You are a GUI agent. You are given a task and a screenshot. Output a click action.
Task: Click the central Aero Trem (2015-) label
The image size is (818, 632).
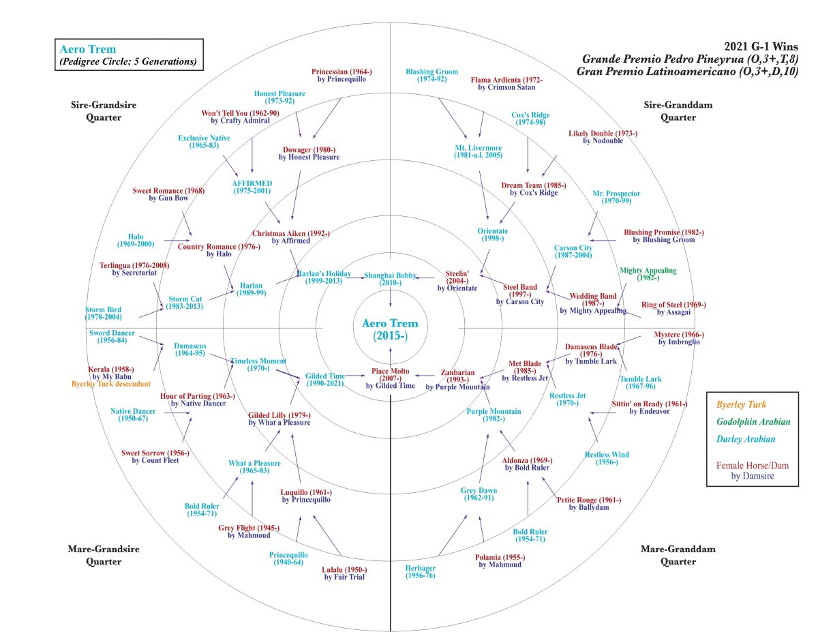tap(390, 329)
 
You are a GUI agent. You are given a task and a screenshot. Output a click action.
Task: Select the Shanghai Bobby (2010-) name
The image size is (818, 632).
tap(389, 277)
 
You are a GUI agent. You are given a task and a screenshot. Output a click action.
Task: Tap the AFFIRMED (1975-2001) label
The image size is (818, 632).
tap(252, 187)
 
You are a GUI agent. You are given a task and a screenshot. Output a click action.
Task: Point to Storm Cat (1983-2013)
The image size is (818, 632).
tap(185, 302)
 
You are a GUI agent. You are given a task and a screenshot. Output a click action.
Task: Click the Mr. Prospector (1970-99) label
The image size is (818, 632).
tap(616, 198)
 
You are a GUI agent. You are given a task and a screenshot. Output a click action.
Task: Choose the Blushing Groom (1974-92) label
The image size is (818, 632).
tap(431, 75)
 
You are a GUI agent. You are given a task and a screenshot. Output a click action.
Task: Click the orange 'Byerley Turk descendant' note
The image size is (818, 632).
tap(111, 384)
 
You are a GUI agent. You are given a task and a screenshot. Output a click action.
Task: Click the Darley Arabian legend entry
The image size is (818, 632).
tap(748, 440)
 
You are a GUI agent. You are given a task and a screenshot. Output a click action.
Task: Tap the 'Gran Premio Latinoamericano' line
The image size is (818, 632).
tap(687, 71)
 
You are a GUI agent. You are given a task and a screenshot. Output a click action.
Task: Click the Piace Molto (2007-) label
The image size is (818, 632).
tap(390, 376)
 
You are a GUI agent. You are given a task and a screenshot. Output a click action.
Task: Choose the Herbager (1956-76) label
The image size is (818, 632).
tap(421, 572)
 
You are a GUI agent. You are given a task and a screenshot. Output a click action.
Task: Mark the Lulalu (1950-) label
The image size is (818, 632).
tap(344, 573)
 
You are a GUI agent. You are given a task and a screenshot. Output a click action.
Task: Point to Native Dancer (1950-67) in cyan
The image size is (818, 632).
tap(133, 415)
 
